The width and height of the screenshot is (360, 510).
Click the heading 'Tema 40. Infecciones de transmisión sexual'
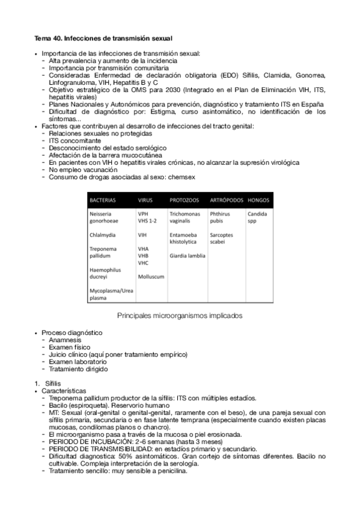point(99,38)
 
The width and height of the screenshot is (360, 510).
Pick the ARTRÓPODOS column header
point(226,200)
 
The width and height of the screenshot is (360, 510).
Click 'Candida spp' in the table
point(257,217)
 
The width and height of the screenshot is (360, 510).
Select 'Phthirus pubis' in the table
point(220,217)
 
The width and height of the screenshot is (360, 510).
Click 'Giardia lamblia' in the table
point(188,256)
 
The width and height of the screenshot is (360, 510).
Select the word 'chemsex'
point(180,177)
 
